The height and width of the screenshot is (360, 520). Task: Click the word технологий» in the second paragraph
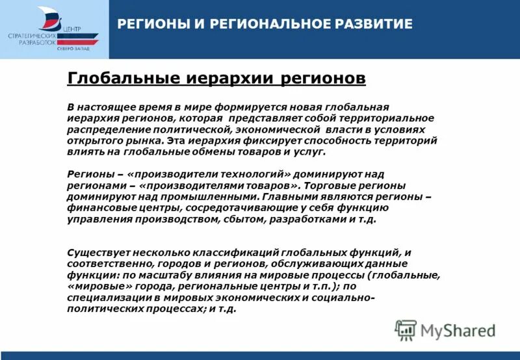click(253, 174)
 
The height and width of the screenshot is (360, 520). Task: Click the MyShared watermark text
click(458, 331)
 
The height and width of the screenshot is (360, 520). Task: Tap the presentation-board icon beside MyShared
click(406, 330)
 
